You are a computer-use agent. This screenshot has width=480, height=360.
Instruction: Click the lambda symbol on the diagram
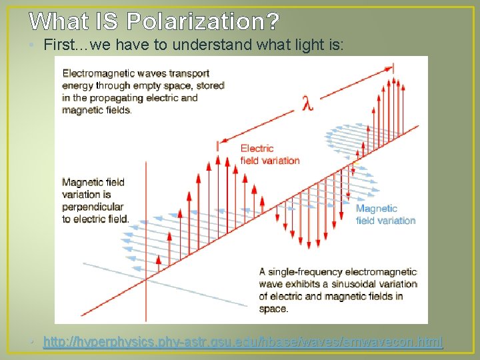pyautogui.click(x=307, y=103)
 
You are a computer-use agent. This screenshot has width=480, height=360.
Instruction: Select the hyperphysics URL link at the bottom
pyautogui.click(x=243, y=342)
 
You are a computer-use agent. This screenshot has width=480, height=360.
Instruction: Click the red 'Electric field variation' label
pyautogui.click(x=269, y=154)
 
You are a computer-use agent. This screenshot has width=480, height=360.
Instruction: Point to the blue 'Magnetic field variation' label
pyautogui.click(x=385, y=214)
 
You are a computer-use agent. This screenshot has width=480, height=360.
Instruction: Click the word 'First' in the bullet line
pyautogui.click(x=59, y=45)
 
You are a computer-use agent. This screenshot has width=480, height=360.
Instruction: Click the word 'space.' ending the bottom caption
pyautogui.click(x=273, y=308)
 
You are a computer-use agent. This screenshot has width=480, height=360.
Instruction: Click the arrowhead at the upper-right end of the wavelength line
pyautogui.click(x=389, y=68)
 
